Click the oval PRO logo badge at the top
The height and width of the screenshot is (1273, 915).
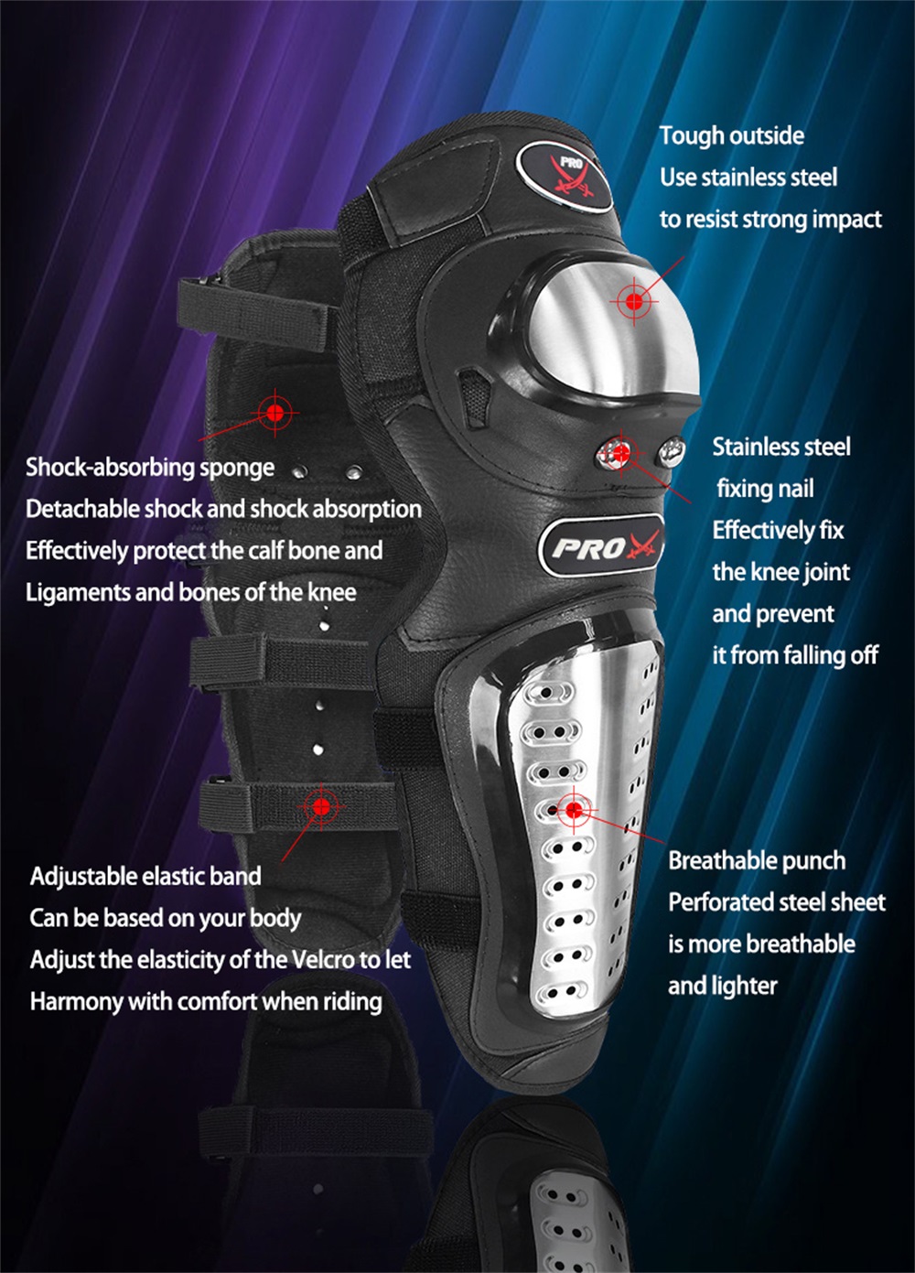[565, 178]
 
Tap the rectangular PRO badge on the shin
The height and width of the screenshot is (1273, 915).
[601, 545]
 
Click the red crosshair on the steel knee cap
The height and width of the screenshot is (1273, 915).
[634, 301]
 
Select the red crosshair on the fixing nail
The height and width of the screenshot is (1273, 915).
[622, 453]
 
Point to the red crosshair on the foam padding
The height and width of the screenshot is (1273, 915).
[275, 412]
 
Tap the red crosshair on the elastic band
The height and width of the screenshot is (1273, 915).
[321, 806]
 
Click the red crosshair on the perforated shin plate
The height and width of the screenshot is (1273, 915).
[574, 810]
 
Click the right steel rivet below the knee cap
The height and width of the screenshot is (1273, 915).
[671, 452]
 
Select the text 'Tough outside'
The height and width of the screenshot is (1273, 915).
[731, 135]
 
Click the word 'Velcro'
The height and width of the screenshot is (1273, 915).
[323, 959]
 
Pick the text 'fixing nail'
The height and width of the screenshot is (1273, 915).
[765, 489]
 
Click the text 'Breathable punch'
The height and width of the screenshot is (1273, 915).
[757, 860]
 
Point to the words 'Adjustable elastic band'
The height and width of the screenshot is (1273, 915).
[145, 876]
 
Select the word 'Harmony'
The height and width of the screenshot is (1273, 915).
[76, 1001]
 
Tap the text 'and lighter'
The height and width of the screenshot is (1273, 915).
[722, 986]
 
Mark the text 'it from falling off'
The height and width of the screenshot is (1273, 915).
[795, 655]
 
